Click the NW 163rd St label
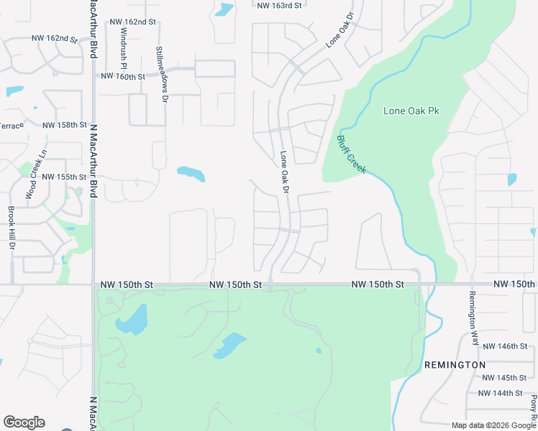tap(279, 5)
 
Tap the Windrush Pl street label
tap(123, 44)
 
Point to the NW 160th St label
tap(124, 76)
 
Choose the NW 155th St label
tap(64, 177)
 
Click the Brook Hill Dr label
tap(12, 228)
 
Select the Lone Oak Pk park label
tap(411, 111)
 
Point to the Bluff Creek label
tap(352, 154)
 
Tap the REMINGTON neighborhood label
tap(455, 365)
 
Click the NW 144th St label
tap(498, 393)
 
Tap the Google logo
tap(24, 422)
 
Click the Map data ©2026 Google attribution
tap(493, 425)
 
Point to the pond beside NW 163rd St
tap(224, 10)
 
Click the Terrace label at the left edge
tap(11, 125)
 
